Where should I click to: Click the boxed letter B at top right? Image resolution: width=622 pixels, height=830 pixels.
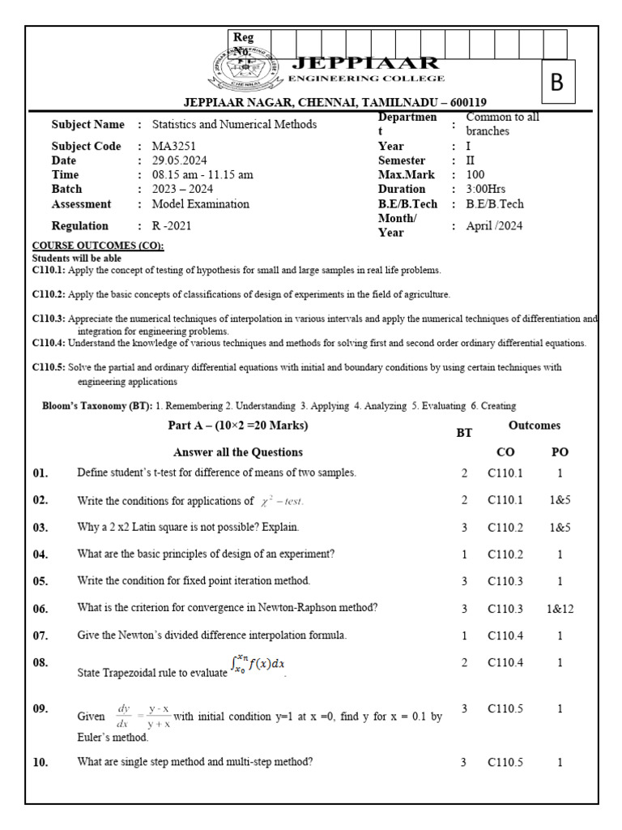click(x=556, y=83)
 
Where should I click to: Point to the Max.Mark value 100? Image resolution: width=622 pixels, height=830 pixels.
click(x=475, y=175)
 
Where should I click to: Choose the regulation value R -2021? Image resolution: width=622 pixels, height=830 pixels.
click(x=172, y=226)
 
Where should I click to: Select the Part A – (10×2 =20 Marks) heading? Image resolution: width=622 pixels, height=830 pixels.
click(x=238, y=426)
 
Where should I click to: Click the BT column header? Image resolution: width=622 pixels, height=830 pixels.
click(x=464, y=434)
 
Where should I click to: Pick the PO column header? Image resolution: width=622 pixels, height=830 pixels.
click(x=560, y=452)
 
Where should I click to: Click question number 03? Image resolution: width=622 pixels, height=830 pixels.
click(x=40, y=528)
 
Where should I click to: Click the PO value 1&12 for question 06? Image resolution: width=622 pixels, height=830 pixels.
click(x=560, y=609)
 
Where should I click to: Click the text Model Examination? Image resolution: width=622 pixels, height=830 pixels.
click(x=201, y=204)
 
